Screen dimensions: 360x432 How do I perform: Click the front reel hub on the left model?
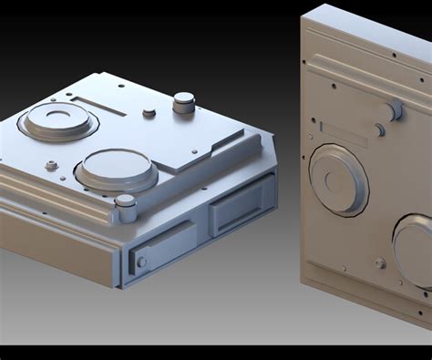click(116, 169)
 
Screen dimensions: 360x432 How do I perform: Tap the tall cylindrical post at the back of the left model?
click(184, 102)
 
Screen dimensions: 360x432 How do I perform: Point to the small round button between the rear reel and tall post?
click(149, 113)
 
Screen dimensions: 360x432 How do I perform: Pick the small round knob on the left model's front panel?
click(141, 262)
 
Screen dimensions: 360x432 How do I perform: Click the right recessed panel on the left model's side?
click(241, 204)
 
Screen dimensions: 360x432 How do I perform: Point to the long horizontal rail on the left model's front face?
click(55, 196)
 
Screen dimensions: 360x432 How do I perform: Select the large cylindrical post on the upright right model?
click(395, 110)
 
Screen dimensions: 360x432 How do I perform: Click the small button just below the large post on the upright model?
click(379, 130)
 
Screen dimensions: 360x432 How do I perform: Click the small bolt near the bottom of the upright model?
click(380, 263)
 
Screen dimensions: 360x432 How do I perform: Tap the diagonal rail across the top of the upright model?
click(365, 77)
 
